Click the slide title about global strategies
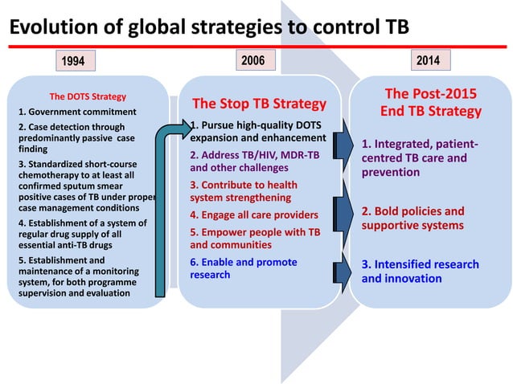[x=208, y=27]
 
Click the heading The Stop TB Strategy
[x=258, y=104]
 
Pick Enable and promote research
[x=243, y=268]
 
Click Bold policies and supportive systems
[x=412, y=219]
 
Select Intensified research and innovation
[x=420, y=272]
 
